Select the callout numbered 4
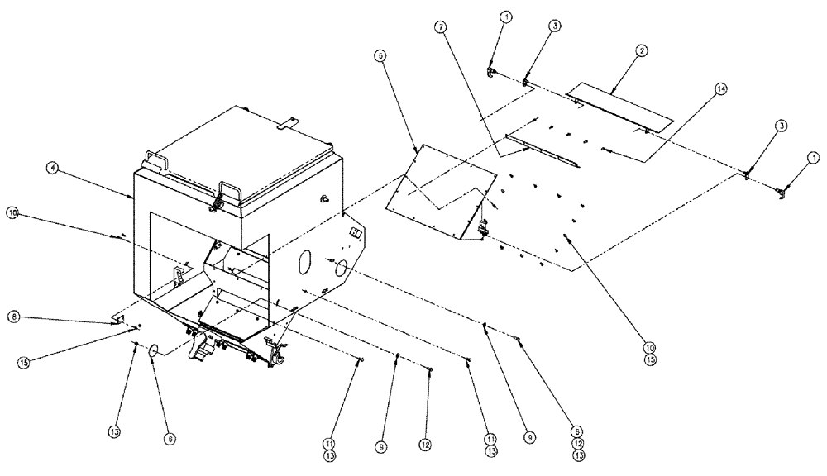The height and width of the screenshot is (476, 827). pos(52,169)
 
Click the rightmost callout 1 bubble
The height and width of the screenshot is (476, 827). pos(815,156)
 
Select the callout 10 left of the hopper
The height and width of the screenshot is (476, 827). pos(12,212)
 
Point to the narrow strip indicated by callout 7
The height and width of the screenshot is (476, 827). pos(542,152)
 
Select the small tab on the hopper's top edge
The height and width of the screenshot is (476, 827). pos(287,123)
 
